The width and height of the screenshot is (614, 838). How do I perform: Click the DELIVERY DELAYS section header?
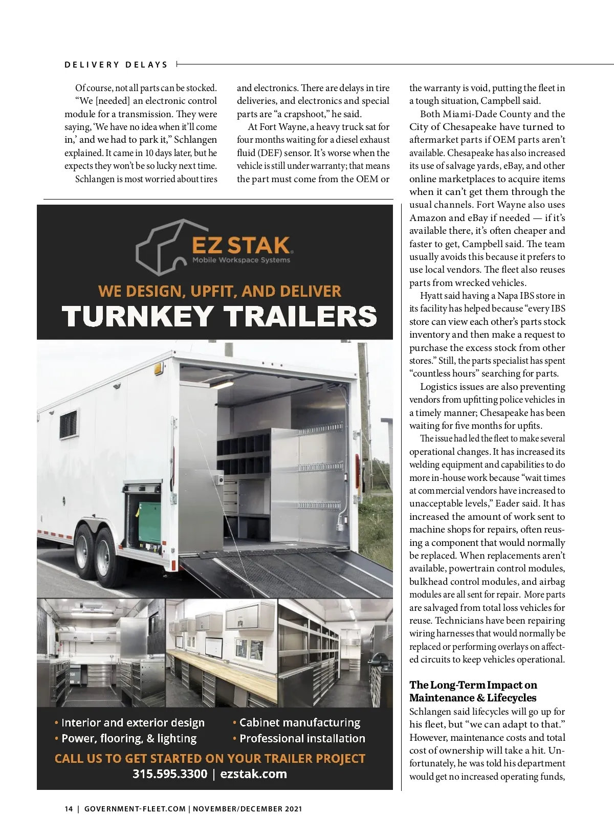(116, 65)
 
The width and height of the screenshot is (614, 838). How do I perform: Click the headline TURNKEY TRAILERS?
(219, 316)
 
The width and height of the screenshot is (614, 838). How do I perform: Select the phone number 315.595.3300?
(169, 774)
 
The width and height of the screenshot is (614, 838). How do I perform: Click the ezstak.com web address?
(253, 774)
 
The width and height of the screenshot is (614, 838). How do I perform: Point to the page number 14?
(69, 809)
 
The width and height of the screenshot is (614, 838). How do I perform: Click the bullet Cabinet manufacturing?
(299, 722)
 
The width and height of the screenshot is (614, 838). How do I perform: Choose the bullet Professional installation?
(302, 738)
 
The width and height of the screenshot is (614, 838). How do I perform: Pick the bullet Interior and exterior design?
(133, 722)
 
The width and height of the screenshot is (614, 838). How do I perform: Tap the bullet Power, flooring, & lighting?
(128, 738)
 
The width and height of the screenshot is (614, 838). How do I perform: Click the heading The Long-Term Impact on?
(473, 685)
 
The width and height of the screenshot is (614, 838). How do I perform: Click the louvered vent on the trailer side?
(68, 424)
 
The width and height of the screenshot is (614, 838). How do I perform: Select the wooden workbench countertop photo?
(222, 652)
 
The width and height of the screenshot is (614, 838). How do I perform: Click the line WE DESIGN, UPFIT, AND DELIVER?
(219, 291)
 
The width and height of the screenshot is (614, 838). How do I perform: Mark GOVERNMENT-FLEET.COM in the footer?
(135, 809)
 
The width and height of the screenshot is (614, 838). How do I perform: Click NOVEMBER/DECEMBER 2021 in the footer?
(247, 809)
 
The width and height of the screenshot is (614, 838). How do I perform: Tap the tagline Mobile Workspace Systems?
(241, 260)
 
